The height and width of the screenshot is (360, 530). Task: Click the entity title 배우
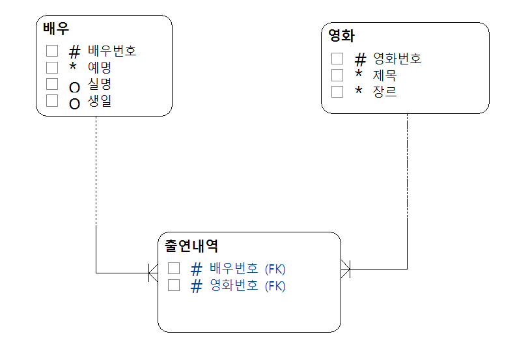click(57, 29)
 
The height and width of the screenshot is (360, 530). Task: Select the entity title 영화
click(341, 36)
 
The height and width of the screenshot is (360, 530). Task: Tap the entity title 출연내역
click(191, 246)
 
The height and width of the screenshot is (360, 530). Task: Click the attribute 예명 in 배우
click(100, 67)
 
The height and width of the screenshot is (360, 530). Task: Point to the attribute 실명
click(100, 84)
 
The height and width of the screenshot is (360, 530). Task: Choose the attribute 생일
click(100, 101)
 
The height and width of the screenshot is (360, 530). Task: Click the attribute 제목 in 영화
click(385, 76)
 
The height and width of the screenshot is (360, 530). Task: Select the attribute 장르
click(385, 92)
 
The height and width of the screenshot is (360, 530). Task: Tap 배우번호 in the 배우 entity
click(112, 50)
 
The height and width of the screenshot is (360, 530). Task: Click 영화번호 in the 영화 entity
click(397, 59)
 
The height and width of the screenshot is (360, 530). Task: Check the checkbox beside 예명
click(52, 67)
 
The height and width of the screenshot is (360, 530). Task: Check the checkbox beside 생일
click(52, 101)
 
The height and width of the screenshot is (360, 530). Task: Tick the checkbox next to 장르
click(337, 92)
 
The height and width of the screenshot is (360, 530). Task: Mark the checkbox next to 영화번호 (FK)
click(174, 285)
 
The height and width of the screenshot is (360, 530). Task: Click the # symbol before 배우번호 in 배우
click(74, 51)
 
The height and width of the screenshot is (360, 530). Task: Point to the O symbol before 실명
click(74, 87)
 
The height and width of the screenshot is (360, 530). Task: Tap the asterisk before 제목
click(359, 76)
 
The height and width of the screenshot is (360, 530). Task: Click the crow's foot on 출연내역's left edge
click(153, 273)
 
